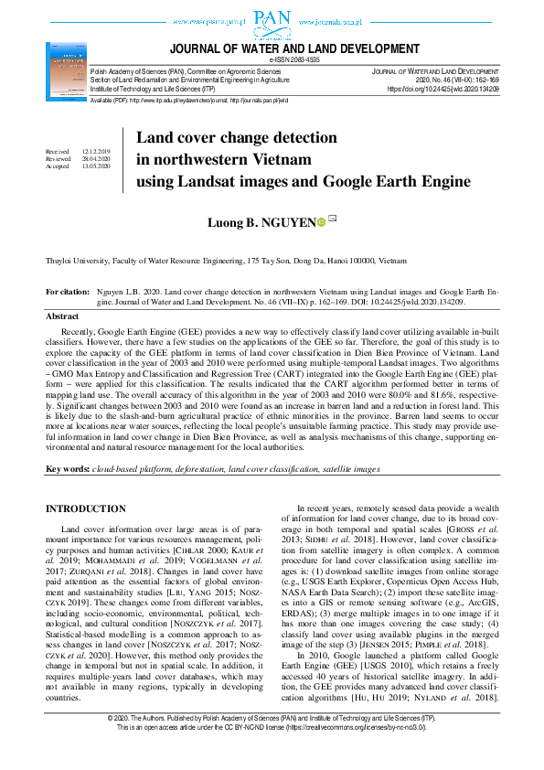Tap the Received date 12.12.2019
95,151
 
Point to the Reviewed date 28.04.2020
95,159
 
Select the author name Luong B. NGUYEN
264,220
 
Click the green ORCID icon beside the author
321,221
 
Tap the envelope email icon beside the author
333,219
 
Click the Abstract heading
62,316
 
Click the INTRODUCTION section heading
86,508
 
